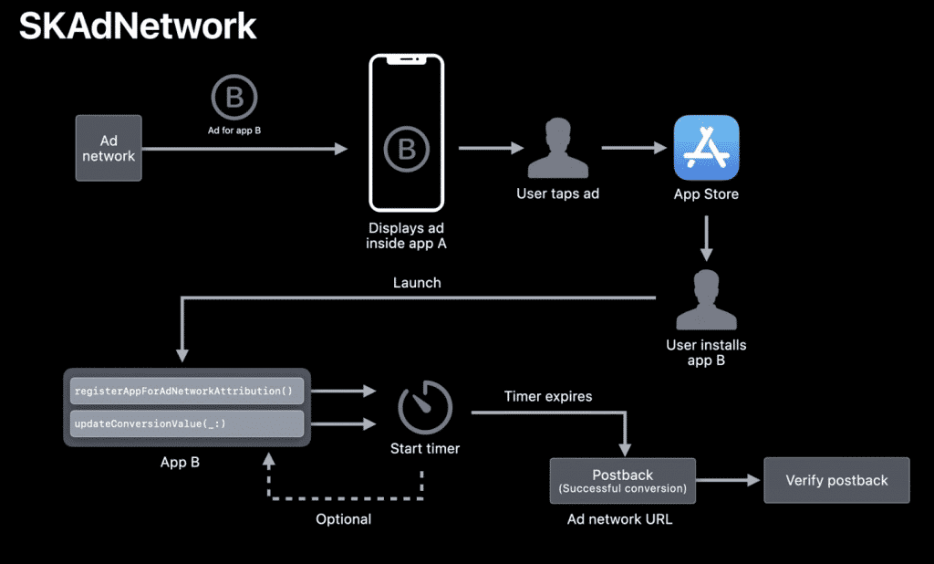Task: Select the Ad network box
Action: [x=109, y=148]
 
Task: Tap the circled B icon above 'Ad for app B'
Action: [x=234, y=98]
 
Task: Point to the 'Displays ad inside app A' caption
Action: [x=406, y=235]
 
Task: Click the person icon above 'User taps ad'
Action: [x=557, y=148]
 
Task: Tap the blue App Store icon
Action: [x=706, y=148]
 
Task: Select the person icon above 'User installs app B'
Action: [x=706, y=300]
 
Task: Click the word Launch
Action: [x=417, y=283]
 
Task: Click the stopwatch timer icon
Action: [x=425, y=407]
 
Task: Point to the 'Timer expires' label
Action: [x=548, y=396]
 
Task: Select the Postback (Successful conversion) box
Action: [x=623, y=480]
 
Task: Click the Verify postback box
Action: [x=836, y=480]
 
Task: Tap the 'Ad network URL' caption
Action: [x=620, y=519]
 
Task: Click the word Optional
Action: [x=343, y=519]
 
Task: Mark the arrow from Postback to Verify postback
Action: [x=729, y=480]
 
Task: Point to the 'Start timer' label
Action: [x=425, y=448]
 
